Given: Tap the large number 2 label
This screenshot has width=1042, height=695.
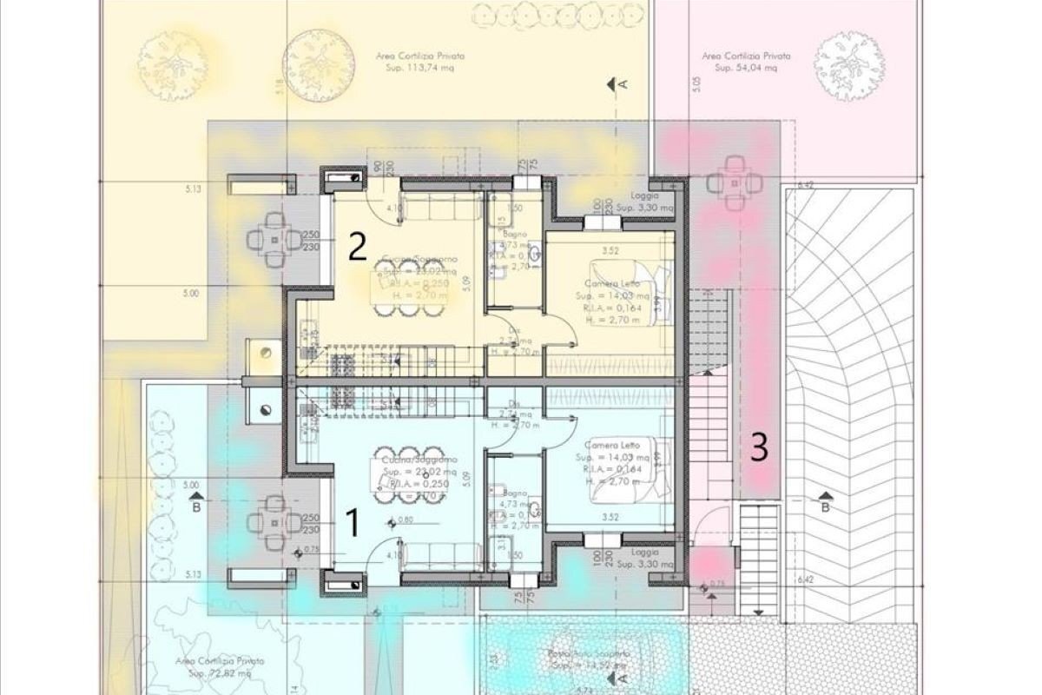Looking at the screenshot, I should tap(356, 248).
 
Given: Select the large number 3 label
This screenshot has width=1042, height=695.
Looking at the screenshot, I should tap(759, 447).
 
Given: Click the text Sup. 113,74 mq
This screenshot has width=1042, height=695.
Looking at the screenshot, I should tap(413, 67).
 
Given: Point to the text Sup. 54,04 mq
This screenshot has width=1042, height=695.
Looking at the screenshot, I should tap(740, 67).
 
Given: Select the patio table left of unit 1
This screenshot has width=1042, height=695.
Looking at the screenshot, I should tap(274, 523).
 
